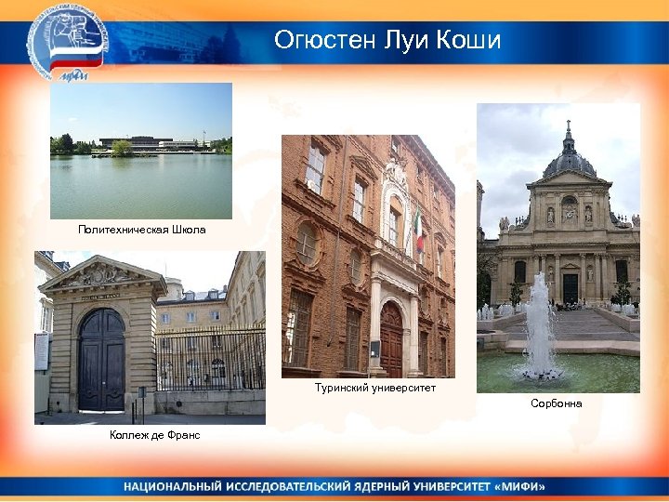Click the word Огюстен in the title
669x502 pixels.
click(x=323, y=41)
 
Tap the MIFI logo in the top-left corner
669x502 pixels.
click(x=67, y=42)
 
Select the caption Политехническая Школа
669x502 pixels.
click(x=141, y=230)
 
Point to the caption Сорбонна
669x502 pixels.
click(x=556, y=403)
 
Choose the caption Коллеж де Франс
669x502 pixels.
click(x=153, y=435)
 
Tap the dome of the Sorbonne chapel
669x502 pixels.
click(x=568, y=160)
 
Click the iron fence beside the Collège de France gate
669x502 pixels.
click(x=209, y=358)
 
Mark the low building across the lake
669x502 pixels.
click(x=149, y=143)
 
